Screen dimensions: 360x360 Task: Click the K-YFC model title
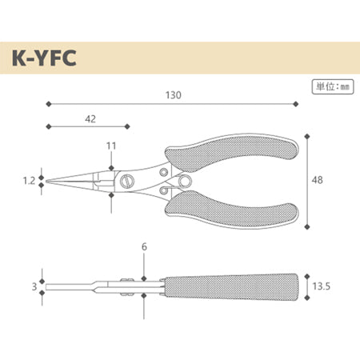click(x=44, y=58)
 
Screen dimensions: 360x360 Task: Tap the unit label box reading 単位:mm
click(x=333, y=86)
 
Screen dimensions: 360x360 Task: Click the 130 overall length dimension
click(x=174, y=95)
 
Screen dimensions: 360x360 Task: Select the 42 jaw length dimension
click(x=90, y=119)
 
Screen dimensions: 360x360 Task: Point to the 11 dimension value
click(x=111, y=146)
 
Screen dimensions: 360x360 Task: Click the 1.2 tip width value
click(x=29, y=181)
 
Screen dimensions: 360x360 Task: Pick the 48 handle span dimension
click(x=318, y=180)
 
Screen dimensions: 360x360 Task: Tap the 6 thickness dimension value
click(x=144, y=246)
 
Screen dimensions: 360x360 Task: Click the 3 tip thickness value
click(x=34, y=286)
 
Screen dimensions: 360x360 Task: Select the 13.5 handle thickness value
click(x=322, y=286)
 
